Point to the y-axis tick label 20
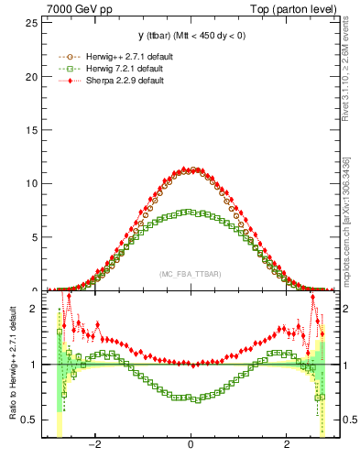[32, 76]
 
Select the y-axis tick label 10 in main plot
[32, 183]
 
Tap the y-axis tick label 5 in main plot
[35, 236]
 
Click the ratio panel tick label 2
[35, 309]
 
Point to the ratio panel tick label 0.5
[31, 420]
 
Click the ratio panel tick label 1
[35, 365]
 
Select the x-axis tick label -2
[93, 447]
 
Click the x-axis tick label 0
[191, 447]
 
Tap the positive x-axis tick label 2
[286, 447]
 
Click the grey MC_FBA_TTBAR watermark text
[190, 274]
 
